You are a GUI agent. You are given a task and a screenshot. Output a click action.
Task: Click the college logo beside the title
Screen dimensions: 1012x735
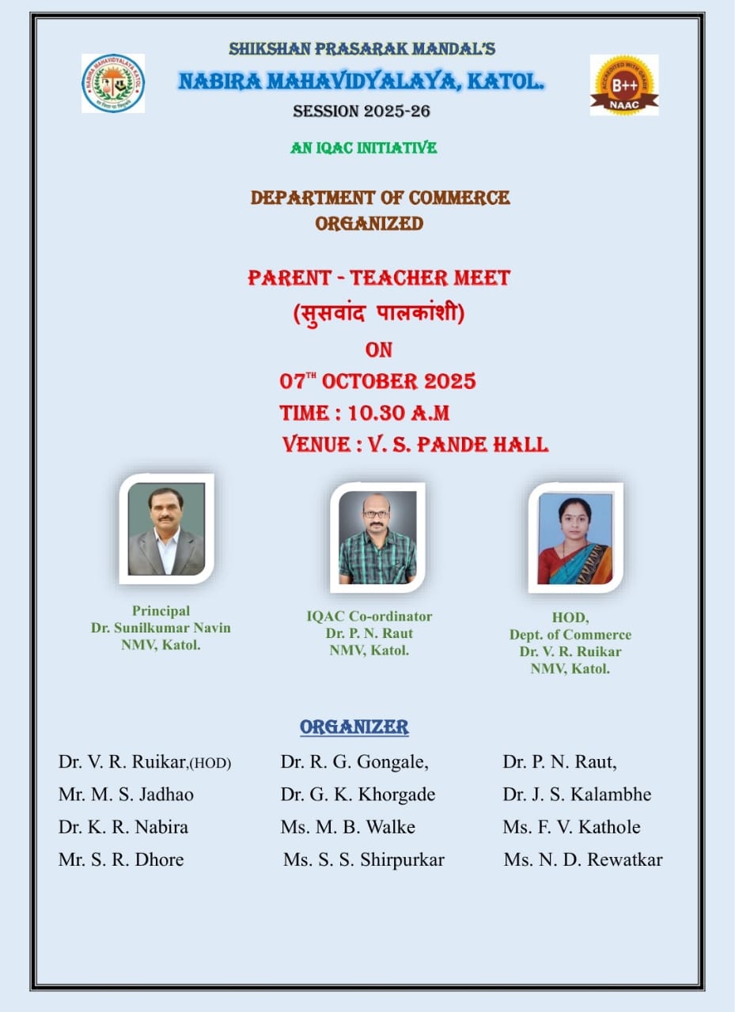(113, 83)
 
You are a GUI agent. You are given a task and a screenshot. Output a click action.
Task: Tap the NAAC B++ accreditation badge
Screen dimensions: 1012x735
(624, 85)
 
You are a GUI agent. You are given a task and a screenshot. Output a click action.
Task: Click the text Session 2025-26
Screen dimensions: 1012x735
(362, 111)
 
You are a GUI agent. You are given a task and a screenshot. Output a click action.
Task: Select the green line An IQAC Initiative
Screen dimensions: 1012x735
(363, 148)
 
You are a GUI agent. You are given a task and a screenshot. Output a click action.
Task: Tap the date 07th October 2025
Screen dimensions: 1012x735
(377, 381)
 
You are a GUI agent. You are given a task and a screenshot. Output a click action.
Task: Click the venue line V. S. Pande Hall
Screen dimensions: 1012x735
(457, 444)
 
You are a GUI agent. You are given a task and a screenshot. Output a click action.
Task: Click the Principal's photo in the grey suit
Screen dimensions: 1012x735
(166, 529)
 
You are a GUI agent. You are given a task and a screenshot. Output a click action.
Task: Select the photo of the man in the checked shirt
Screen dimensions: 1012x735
(377, 537)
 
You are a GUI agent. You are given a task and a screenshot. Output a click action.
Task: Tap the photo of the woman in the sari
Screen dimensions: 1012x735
(575, 538)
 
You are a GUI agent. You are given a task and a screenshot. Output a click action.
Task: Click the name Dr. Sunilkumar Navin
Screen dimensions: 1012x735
(161, 628)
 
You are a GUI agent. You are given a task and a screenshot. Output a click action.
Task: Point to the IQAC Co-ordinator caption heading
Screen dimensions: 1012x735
(369, 617)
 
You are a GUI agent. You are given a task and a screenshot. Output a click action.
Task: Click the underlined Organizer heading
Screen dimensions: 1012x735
(354, 727)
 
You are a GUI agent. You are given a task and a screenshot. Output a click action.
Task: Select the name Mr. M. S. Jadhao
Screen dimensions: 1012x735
(126, 795)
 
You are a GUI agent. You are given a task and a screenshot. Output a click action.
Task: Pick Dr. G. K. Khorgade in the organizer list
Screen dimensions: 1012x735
(358, 795)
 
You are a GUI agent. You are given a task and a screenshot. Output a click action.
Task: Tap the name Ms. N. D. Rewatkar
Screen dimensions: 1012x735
(583, 859)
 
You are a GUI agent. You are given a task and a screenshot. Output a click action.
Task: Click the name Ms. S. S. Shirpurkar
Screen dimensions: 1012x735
(364, 859)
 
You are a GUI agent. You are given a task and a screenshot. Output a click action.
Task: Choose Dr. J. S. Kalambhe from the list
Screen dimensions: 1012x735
(577, 795)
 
